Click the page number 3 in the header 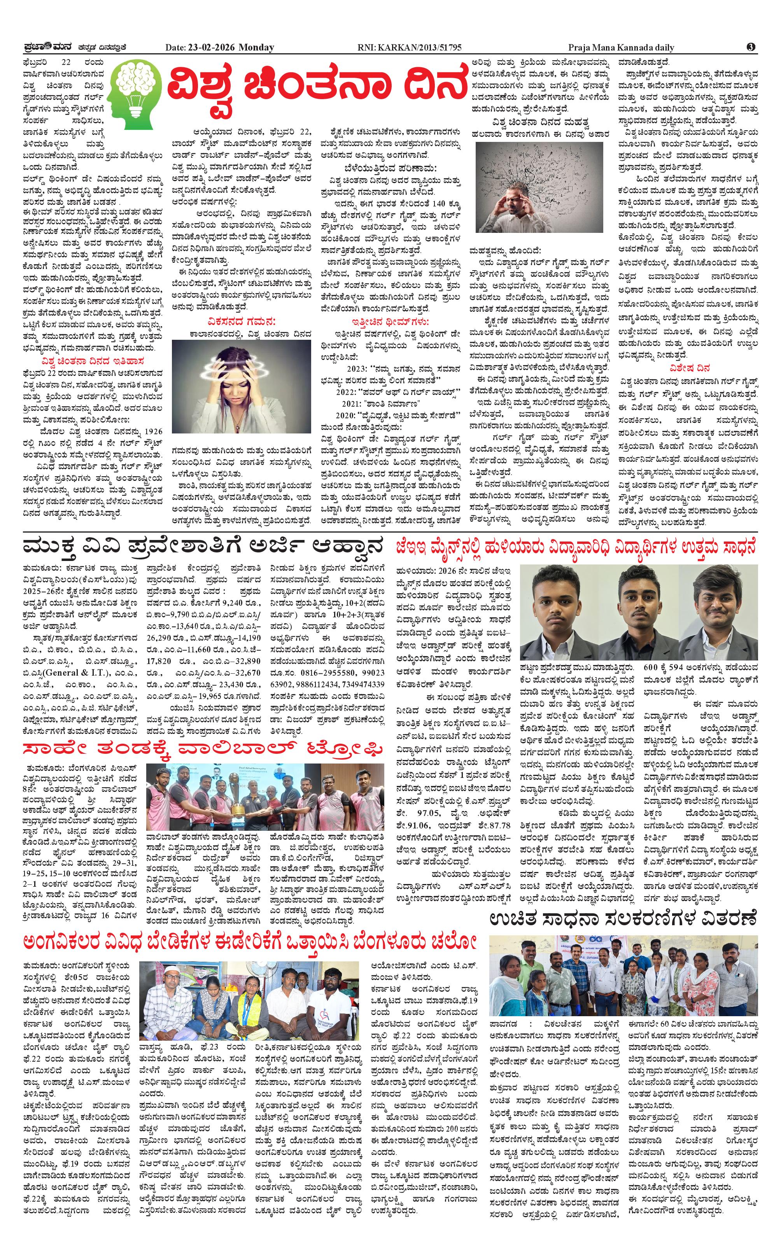[x=751, y=47]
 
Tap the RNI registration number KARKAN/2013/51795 [x=427, y=47]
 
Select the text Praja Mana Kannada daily [x=621, y=47]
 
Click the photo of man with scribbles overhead [x=539, y=187]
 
